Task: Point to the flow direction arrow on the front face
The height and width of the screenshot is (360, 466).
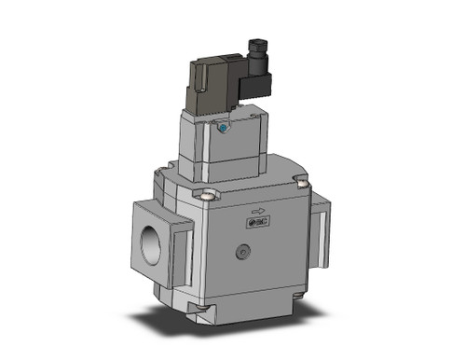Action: [x=259, y=211]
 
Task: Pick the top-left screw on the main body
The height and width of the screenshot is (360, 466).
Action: [x=208, y=195]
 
